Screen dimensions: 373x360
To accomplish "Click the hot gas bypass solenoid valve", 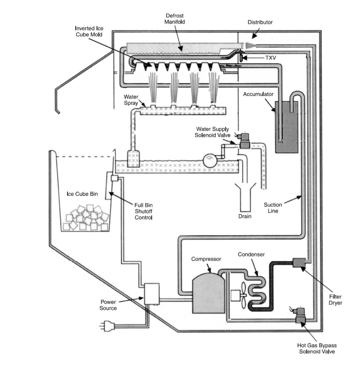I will coord(301,317).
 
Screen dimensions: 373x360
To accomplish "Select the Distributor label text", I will coord(260,22).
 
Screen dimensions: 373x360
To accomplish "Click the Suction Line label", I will coord(273,208).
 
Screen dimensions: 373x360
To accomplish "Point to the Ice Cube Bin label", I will coord(82,194).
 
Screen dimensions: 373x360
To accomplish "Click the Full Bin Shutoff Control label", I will coord(143,211).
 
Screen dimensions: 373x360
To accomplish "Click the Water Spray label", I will coord(131,100).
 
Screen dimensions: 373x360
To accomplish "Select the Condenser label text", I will coord(251,254).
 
